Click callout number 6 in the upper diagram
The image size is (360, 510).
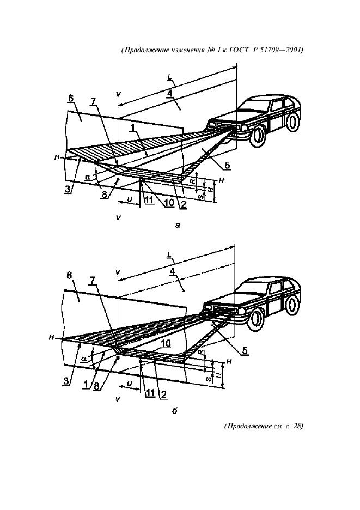(x=71, y=98)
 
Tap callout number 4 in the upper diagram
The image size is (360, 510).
(x=170, y=93)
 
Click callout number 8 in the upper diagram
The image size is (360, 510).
(x=103, y=193)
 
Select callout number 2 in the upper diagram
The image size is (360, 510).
(x=184, y=204)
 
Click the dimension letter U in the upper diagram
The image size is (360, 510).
(x=129, y=199)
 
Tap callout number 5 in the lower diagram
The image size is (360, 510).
(x=246, y=351)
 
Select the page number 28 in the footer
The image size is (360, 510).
(x=297, y=426)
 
